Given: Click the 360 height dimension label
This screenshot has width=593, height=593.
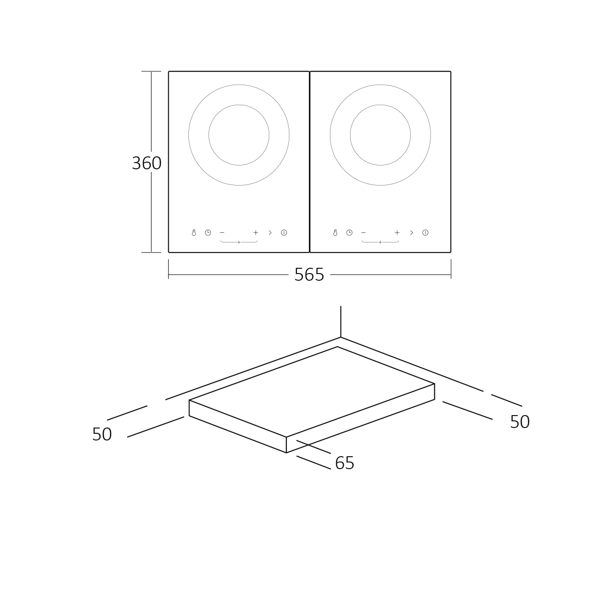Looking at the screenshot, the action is click(x=147, y=163).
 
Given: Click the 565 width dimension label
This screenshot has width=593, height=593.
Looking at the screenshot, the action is click(x=309, y=275).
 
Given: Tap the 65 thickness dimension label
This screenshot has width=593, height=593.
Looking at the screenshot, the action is click(x=345, y=463).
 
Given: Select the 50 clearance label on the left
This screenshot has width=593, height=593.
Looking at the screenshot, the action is click(x=102, y=434).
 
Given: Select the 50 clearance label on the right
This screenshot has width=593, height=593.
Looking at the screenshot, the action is click(x=520, y=422).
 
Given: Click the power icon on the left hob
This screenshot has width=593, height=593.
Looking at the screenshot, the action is click(x=284, y=232).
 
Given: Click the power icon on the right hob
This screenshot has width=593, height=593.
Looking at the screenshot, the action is click(x=425, y=232).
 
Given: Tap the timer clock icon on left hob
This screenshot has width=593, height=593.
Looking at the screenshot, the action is click(x=208, y=232).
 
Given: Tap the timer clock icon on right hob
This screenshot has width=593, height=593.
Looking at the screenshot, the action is click(x=349, y=232).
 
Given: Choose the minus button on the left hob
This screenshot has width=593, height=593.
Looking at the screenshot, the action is click(x=222, y=232).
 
